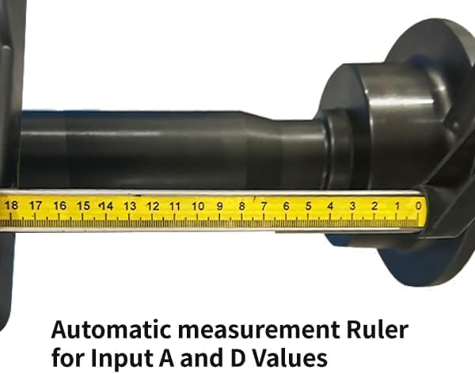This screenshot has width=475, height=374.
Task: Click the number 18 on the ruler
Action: coord(11,205)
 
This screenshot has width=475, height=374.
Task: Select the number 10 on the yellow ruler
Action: coord(198,206)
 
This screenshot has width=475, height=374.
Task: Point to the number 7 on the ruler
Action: coord(264,206)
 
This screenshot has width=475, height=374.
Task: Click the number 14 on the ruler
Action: coord(105,206)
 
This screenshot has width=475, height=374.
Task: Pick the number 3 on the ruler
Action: coord(352,206)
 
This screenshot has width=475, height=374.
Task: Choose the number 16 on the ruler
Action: coord(59,206)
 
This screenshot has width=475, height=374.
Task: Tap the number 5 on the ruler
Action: coord(308,206)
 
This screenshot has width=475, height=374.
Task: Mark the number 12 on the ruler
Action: coord(152,206)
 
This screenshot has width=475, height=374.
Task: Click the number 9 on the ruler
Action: coord(220,206)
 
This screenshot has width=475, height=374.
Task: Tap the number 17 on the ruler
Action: coord(36,206)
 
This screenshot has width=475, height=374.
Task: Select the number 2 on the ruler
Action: coord(374,206)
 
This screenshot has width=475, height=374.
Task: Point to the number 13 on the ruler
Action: coord(129,206)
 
